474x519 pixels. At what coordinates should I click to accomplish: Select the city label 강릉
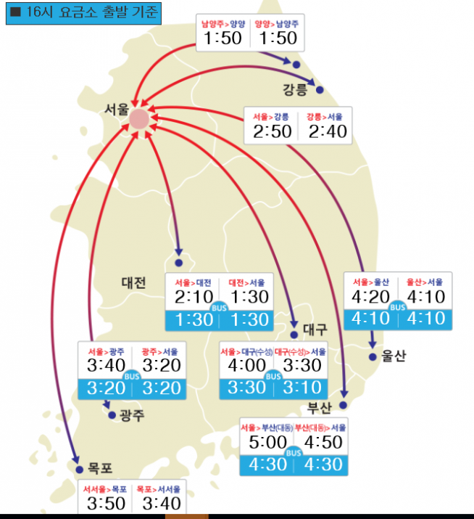[x=295, y=90]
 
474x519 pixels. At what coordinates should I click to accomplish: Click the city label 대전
[x=134, y=283]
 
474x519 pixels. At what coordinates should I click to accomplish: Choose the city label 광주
[x=132, y=415]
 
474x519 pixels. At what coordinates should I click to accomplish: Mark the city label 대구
[x=317, y=328]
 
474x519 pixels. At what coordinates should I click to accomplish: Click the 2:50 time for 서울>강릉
[x=273, y=131]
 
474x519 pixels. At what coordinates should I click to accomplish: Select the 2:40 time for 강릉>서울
[x=328, y=131]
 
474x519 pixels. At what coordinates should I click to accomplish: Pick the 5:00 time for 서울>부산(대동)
[x=268, y=443]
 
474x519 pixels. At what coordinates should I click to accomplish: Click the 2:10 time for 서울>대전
[x=194, y=297]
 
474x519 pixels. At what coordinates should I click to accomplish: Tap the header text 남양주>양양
[x=223, y=23]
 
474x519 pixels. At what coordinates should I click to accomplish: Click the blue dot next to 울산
[x=373, y=356]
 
